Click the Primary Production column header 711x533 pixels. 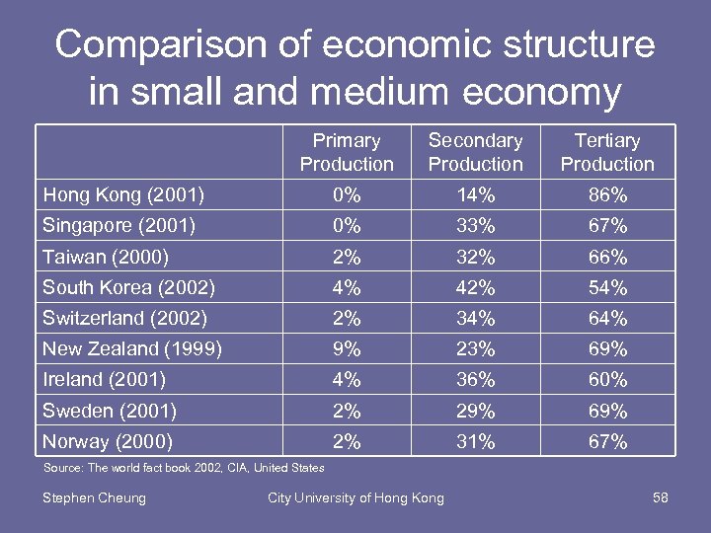pyautogui.click(x=347, y=152)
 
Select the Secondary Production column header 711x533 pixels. pyautogui.click(x=476, y=152)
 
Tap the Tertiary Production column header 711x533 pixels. pyautogui.click(x=607, y=152)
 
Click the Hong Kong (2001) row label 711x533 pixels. pyautogui.click(x=123, y=195)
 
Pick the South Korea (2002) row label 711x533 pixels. pyautogui.click(x=128, y=288)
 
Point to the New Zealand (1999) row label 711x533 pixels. pyautogui.click(x=131, y=348)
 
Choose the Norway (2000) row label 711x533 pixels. pyautogui.click(x=108, y=441)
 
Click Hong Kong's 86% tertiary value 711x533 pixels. pyautogui.click(x=607, y=195)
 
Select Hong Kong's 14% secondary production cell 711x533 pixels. pyautogui.click(x=476, y=195)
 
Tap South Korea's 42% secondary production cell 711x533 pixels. pyautogui.click(x=476, y=288)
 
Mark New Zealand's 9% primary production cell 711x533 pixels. pyautogui.click(x=347, y=348)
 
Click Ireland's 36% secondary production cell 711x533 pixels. pyautogui.click(x=476, y=379)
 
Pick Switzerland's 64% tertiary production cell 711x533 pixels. pyautogui.click(x=607, y=319)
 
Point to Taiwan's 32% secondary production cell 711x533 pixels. pyautogui.click(x=476, y=258)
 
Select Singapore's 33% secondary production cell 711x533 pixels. pyautogui.click(x=476, y=226)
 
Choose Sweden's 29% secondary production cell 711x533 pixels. pyautogui.click(x=476, y=411)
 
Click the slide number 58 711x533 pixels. pyautogui.click(x=661, y=497)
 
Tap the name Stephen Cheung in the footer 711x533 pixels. pyautogui.click(x=94, y=497)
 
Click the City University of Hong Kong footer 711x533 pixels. pyautogui.click(x=355, y=497)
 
